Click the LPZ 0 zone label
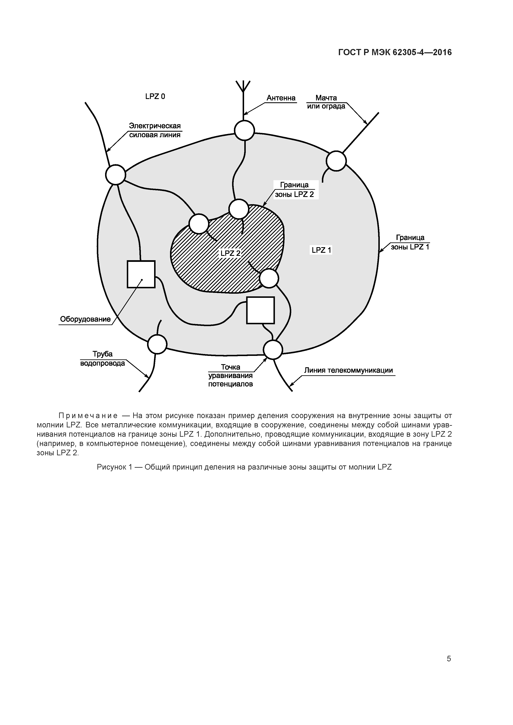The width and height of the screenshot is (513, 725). [155, 96]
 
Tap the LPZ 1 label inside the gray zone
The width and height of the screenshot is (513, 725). [321, 250]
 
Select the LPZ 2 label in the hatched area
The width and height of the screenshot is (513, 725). [230, 253]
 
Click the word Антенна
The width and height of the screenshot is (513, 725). [281, 98]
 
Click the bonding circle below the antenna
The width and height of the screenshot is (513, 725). [244, 130]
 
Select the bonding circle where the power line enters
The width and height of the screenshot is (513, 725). [115, 174]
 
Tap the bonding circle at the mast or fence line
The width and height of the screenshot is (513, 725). [336, 161]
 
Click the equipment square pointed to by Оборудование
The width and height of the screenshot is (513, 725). [141, 274]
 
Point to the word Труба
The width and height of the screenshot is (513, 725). [102, 354]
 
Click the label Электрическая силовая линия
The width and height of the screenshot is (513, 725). [155, 130]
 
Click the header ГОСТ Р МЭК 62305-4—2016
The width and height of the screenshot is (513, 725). [395, 52]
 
